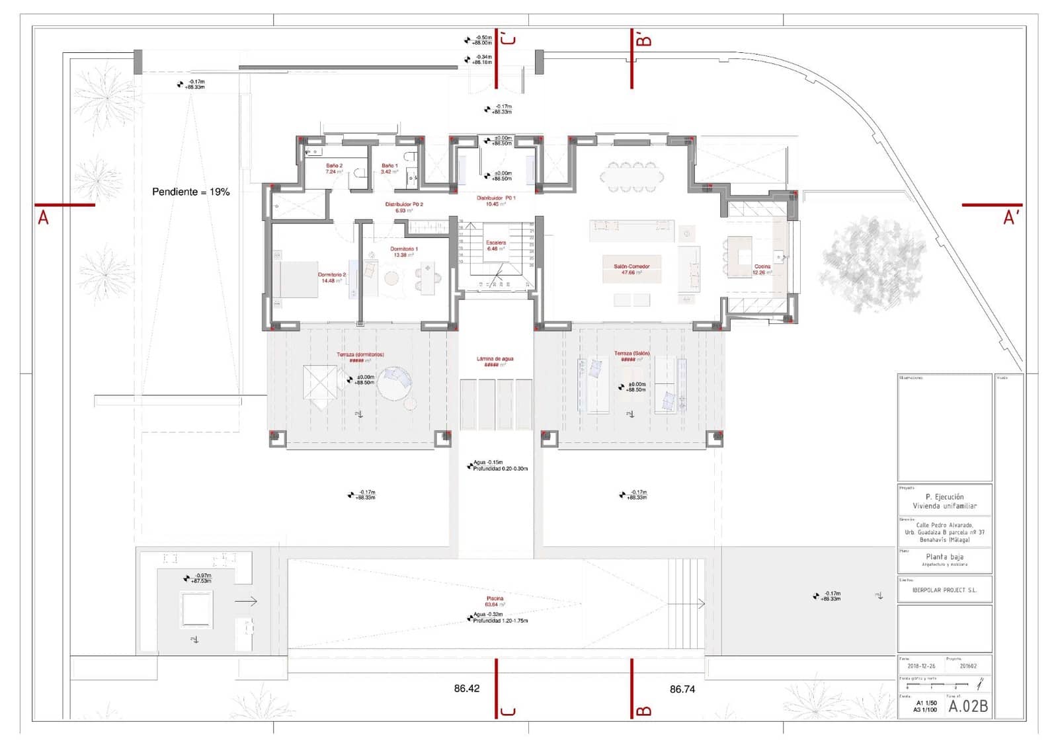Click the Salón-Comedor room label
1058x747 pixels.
(631, 266)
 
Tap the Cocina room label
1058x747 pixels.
(762, 266)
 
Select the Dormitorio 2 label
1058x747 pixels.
(331, 274)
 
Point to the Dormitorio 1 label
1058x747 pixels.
(403, 249)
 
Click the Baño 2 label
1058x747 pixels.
(334, 166)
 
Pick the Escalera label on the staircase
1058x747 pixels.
(496, 243)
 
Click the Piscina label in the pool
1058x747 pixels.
(495, 598)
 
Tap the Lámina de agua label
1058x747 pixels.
(495, 359)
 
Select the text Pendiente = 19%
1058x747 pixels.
(190, 192)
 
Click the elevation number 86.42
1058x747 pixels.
(466, 688)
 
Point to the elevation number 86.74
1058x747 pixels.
(682, 689)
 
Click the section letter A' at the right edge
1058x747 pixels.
(1010, 217)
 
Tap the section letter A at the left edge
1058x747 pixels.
(43, 217)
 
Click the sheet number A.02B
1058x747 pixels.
(967, 706)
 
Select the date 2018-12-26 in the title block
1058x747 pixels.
(921, 666)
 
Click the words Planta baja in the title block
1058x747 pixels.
(944, 557)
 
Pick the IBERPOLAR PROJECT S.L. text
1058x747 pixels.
(944, 590)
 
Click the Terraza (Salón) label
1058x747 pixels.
(631, 354)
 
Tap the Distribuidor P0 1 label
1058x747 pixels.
(496, 198)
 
